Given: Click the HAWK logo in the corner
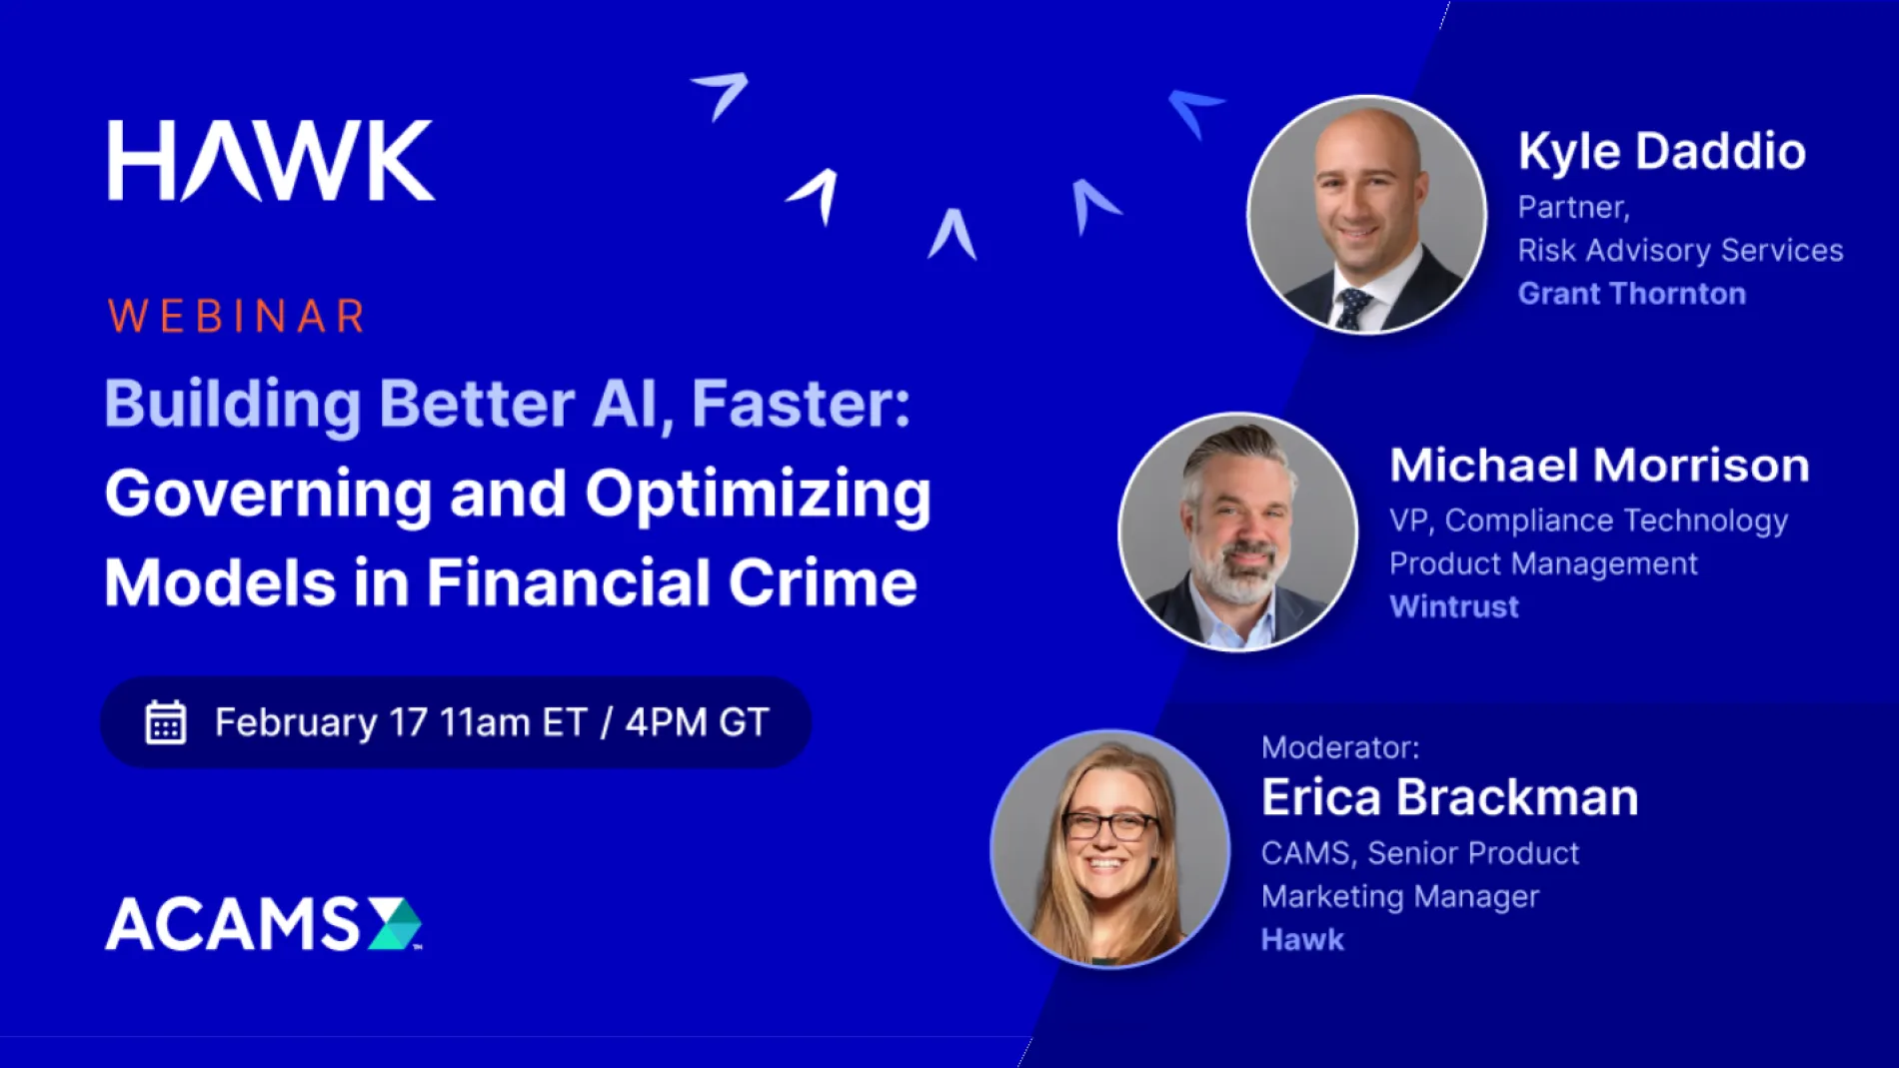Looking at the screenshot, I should pyautogui.click(x=270, y=161).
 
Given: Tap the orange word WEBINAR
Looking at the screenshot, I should pyautogui.click(x=237, y=317).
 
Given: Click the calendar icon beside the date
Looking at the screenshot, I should pyautogui.click(x=165, y=722).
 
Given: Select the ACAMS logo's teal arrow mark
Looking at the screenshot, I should pyautogui.click(x=395, y=923).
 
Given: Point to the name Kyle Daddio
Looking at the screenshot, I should pyautogui.click(x=1661, y=152).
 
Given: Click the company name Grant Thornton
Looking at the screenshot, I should pyautogui.click(x=1631, y=294).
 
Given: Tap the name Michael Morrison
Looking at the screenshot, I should pyautogui.click(x=1599, y=466).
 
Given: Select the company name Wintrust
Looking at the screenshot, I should pyautogui.click(x=1454, y=606).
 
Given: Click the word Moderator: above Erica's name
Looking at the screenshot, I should pyautogui.click(x=1339, y=747).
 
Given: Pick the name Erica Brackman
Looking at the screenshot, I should pyautogui.click(x=1449, y=797).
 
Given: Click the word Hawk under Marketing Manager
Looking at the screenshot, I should pyautogui.click(x=1302, y=939).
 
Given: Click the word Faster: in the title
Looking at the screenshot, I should pyautogui.click(x=801, y=404).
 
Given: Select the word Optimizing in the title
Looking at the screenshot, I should pyautogui.click(x=758, y=495).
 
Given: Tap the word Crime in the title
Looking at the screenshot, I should pyautogui.click(x=822, y=582).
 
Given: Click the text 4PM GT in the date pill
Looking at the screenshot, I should pyautogui.click(x=697, y=722).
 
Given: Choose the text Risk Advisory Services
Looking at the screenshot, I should pyautogui.click(x=1680, y=250).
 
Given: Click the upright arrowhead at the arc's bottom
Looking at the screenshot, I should pyautogui.click(x=951, y=234).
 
